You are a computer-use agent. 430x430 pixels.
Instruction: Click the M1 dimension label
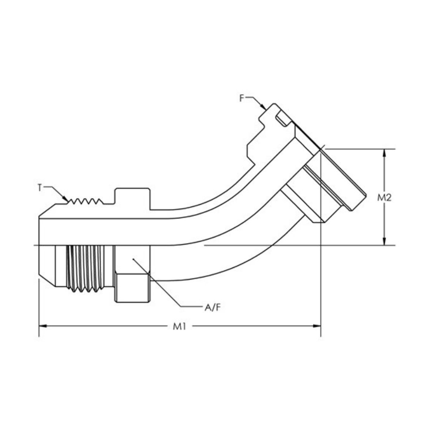pyautogui.click(x=179, y=326)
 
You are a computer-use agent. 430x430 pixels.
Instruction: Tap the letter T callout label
pyautogui.click(x=40, y=187)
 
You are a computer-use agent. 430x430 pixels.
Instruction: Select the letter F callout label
pyautogui.click(x=242, y=98)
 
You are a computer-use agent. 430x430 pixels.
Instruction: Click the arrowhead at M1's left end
pyautogui.click(x=42, y=326)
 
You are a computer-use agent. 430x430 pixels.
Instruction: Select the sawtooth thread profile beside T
pyautogui.click(x=86, y=201)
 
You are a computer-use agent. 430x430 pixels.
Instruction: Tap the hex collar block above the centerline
pyautogui.click(x=132, y=198)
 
